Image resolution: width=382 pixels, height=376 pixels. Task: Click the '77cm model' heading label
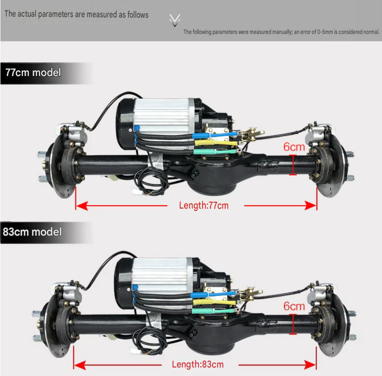pos(33,73)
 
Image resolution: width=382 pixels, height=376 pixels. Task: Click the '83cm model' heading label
pos(32,232)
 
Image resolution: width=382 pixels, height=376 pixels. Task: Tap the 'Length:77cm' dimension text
pos(204,205)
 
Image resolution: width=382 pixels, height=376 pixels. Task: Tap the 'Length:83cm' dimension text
pos(198,365)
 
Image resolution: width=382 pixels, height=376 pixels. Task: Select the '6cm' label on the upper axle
pos(294,147)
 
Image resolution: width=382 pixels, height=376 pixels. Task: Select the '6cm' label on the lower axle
pos(294,306)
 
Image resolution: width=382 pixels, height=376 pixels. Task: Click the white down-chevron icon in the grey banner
pos(175,20)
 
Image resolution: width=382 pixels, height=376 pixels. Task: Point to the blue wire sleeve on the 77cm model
pos(214,135)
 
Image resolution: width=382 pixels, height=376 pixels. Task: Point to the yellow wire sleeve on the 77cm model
pos(216,143)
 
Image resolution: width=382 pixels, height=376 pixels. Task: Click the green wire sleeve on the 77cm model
pos(215,152)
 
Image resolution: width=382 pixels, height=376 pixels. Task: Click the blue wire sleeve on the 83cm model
pos(213,295)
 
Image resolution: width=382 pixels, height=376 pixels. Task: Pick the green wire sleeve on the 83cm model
pos(213,311)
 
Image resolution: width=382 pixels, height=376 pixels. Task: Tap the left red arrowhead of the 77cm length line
pos(82,206)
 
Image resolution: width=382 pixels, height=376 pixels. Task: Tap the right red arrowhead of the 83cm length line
pos(310,365)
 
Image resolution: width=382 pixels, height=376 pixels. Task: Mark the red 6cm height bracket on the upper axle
pos(293,165)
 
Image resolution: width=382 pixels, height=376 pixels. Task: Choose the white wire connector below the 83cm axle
pos(134,351)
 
